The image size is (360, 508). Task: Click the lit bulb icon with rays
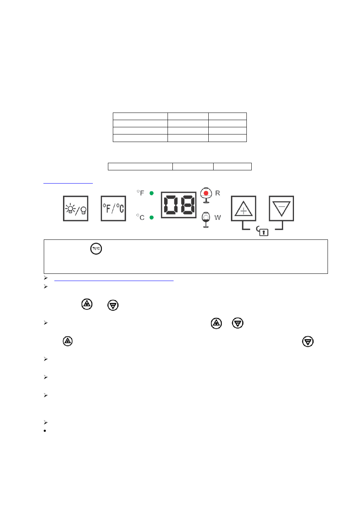click(x=70, y=208)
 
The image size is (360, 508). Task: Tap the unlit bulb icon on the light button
click(x=83, y=210)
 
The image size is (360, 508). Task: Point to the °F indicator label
click(x=140, y=193)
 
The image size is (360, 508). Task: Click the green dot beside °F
click(x=152, y=193)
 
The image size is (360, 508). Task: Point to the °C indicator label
click(x=140, y=217)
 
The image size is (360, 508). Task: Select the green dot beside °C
click(x=152, y=218)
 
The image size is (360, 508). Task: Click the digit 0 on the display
click(x=170, y=205)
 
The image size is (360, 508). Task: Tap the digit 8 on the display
click(x=188, y=205)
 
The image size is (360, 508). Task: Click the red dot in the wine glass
click(x=206, y=193)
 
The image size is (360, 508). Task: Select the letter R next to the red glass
click(x=217, y=193)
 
